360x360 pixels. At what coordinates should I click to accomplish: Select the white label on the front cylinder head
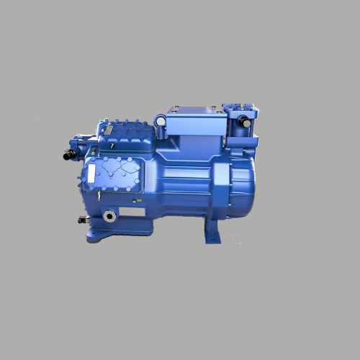91,173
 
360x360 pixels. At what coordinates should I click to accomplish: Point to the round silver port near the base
109,215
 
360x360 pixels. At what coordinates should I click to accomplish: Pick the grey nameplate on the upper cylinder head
107,128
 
